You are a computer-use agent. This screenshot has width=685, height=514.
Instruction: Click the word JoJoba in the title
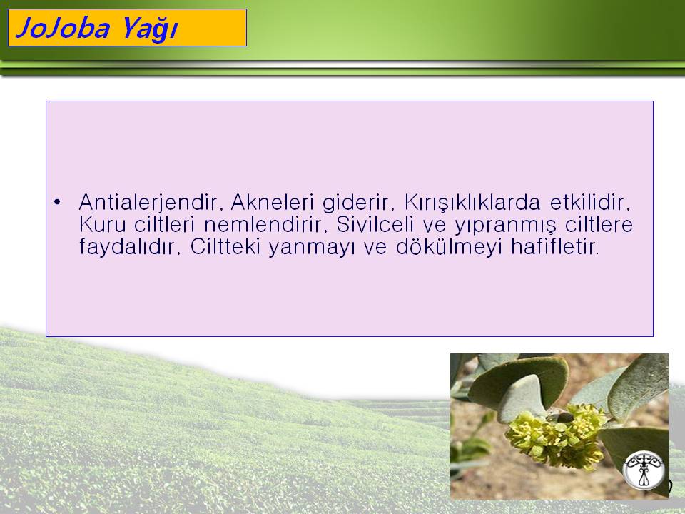point(63,29)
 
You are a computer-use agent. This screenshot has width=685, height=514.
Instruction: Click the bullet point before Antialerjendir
point(57,202)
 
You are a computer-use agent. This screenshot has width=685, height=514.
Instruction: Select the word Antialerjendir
point(148,202)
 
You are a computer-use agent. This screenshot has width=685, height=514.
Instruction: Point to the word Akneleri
point(272,202)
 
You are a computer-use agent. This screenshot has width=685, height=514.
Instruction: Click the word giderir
point(355,203)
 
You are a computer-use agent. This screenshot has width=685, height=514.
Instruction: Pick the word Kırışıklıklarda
point(472,203)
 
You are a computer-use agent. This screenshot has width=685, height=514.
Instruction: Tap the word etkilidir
point(590,202)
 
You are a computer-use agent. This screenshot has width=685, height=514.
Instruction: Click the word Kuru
point(103,225)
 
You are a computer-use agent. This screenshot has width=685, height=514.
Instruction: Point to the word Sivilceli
point(375,224)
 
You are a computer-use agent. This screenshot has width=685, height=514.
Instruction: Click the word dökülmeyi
point(448,247)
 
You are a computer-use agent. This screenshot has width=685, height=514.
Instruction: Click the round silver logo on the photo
point(644,470)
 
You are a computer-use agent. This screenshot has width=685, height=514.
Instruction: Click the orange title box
point(127,28)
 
